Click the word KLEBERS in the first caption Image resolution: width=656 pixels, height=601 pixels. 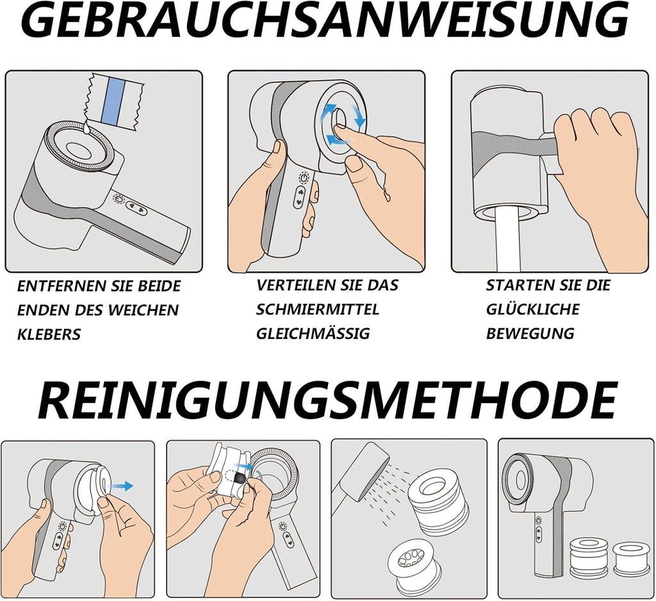(x=49, y=334)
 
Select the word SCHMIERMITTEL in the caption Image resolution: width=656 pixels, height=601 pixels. (x=318, y=309)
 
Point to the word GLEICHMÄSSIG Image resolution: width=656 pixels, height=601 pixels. (x=313, y=333)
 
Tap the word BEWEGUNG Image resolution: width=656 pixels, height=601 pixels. (x=530, y=334)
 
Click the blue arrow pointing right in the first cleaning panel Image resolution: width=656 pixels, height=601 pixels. (x=120, y=486)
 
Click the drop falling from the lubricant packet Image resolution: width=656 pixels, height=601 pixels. (x=87, y=130)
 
